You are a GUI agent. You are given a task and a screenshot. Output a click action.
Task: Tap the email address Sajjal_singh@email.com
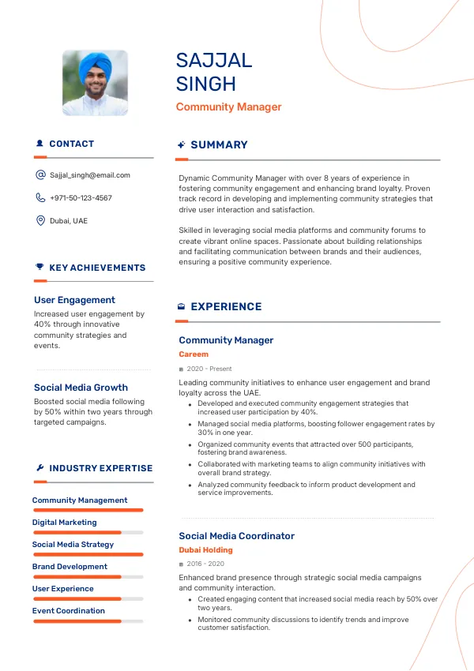(89, 175)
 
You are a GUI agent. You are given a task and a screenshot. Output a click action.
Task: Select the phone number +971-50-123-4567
(81, 198)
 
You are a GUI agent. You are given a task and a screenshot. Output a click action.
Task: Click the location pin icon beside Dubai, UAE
(40, 221)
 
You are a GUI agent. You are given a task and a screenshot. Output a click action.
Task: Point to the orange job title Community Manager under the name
(228, 107)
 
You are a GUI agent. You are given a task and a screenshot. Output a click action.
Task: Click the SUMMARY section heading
(219, 145)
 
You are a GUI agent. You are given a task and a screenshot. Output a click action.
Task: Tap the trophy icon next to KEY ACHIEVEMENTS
(39, 268)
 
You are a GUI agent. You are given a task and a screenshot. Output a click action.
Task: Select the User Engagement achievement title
(74, 300)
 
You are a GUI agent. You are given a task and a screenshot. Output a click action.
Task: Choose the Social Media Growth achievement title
(81, 388)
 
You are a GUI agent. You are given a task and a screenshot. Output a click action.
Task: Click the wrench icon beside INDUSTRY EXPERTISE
(39, 468)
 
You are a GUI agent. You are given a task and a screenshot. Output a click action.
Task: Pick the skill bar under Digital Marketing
(88, 533)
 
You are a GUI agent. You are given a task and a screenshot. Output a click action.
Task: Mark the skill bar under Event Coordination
(88, 621)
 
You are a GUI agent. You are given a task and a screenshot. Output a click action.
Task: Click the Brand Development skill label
(70, 567)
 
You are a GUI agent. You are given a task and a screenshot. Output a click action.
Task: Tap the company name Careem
(194, 354)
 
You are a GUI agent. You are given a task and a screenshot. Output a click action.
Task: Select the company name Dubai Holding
(205, 550)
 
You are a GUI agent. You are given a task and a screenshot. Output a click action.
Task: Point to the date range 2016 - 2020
(205, 564)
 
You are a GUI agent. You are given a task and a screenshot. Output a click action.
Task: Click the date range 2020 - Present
(209, 369)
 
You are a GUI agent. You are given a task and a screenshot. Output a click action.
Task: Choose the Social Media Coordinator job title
(236, 536)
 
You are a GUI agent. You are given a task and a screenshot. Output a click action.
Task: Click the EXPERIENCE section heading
(226, 307)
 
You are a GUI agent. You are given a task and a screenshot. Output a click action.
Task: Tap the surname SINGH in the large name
(206, 84)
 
